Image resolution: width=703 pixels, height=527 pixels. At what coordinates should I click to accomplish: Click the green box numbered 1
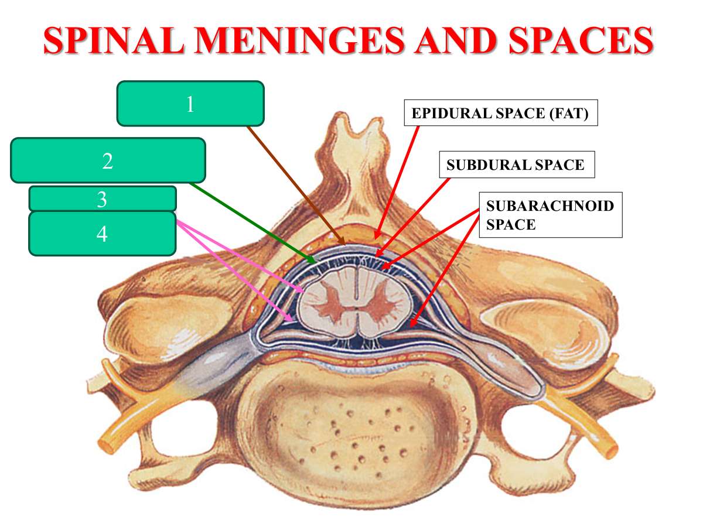coord(190,104)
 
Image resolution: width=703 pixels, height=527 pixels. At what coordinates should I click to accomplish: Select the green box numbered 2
coord(108,160)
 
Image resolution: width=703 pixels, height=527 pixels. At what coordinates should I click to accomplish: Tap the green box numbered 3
coord(103,199)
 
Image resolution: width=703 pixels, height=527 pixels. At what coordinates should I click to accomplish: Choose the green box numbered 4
coord(103,234)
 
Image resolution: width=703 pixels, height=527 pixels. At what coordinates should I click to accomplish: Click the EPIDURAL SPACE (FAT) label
coord(500,113)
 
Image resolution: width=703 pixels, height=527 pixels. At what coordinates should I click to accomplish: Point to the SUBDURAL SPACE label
coord(516,165)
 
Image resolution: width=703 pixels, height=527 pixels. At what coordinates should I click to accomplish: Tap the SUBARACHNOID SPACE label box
coord(550,215)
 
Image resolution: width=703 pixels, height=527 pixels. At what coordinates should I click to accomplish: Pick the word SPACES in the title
coord(580,41)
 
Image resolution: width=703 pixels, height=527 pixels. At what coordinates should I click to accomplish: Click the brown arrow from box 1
coord(296,184)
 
